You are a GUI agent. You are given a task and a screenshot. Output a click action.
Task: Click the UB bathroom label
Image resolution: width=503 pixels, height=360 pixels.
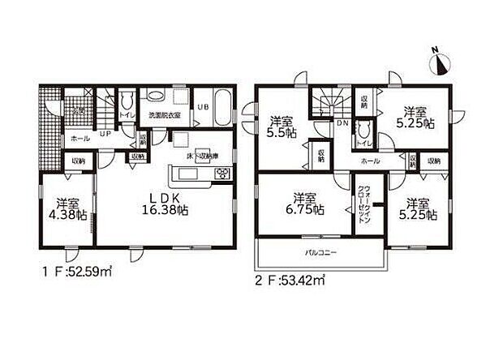coord(204,106)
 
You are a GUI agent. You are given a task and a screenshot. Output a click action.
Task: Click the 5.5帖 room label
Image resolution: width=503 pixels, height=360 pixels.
coord(282,128)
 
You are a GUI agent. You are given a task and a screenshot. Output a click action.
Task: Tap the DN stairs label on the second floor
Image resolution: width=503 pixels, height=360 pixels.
coord(341,124)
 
